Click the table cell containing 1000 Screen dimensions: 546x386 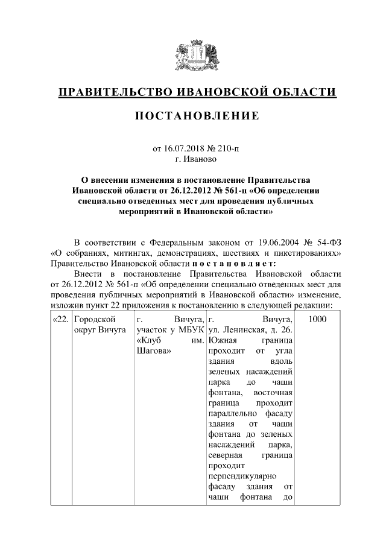317,319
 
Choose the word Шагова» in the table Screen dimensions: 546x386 153,352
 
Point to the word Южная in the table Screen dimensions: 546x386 221,341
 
